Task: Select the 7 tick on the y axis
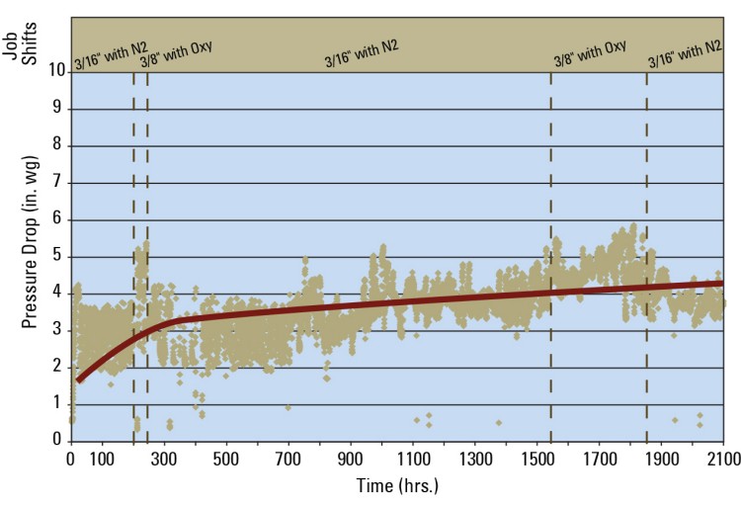point(58,182)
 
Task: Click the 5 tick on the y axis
point(58,256)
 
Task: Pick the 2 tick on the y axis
point(58,367)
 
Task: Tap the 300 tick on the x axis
point(163,459)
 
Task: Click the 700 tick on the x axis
point(288,459)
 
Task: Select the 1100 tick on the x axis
point(412,459)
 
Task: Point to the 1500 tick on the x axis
point(536,459)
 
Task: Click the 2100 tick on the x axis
point(723,459)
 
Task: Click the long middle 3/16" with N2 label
point(361,54)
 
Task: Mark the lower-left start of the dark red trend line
point(78,380)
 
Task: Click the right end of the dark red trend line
point(722,283)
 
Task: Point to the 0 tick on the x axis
point(70,459)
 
